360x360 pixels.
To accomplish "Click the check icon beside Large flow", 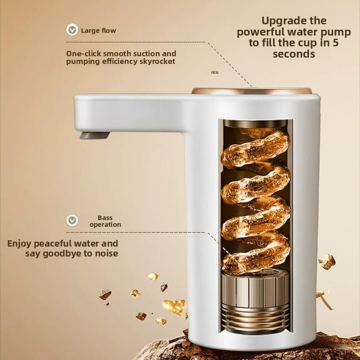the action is (72, 30).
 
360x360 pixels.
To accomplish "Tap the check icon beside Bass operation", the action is (72, 220).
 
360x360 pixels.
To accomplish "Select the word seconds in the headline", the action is (294, 54).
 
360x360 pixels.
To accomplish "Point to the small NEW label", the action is (215, 73).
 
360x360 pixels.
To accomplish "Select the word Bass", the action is (105, 218).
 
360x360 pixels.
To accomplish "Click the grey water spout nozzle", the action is (95, 136).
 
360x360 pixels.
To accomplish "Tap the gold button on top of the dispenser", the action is (251, 91).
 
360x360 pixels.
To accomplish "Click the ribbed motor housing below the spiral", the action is (255, 291).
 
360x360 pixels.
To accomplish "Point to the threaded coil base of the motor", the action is (255, 319).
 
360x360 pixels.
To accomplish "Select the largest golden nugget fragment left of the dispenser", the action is (174, 307).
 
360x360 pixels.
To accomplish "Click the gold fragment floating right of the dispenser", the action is (327, 262).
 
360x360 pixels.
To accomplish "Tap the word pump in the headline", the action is (338, 33).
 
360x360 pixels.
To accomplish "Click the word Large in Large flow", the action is (90, 31).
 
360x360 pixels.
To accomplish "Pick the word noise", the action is (107, 254).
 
